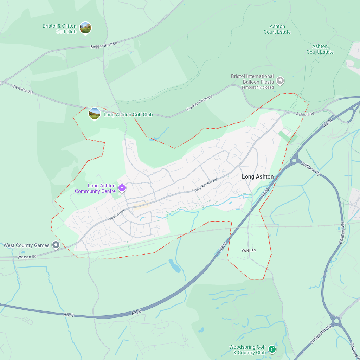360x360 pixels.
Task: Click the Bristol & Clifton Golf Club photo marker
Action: pyautogui.click(x=85, y=28)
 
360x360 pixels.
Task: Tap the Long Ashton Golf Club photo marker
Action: pyautogui.click(x=95, y=114)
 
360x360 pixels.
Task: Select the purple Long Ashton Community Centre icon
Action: pyautogui.click(x=122, y=188)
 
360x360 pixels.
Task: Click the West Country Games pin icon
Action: pyautogui.click(x=56, y=245)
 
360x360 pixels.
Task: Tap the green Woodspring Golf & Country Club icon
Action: pyautogui.click(x=272, y=349)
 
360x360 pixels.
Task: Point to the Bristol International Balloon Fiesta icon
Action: pyautogui.click(x=280, y=81)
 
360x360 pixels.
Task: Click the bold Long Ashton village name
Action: pyautogui.click(x=258, y=176)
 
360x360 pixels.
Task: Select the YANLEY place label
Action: pyautogui.click(x=249, y=251)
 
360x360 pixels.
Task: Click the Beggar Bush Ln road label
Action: pyautogui.click(x=104, y=45)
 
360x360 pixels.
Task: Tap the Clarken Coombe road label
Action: pyautogui.click(x=200, y=103)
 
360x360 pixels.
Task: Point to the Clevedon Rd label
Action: pyautogui.click(x=22, y=89)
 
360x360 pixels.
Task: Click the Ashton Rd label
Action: pyautogui.click(x=305, y=114)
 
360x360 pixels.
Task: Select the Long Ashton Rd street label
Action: pyautogui.click(x=205, y=185)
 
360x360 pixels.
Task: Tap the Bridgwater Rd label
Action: pyautogui.click(x=321, y=334)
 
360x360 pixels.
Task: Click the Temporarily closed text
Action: pyautogui.click(x=257, y=87)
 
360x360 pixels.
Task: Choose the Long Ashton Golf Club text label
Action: pyautogui.click(x=128, y=115)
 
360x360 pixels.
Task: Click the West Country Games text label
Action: pyautogui.click(x=26, y=245)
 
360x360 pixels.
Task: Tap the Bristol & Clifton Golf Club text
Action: pyautogui.click(x=59, y=29)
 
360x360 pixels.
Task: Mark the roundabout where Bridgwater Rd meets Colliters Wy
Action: pyautogui.click(x=336, y=320)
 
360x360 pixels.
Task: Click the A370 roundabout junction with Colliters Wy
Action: pyautogui.click(x=294, y=161)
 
